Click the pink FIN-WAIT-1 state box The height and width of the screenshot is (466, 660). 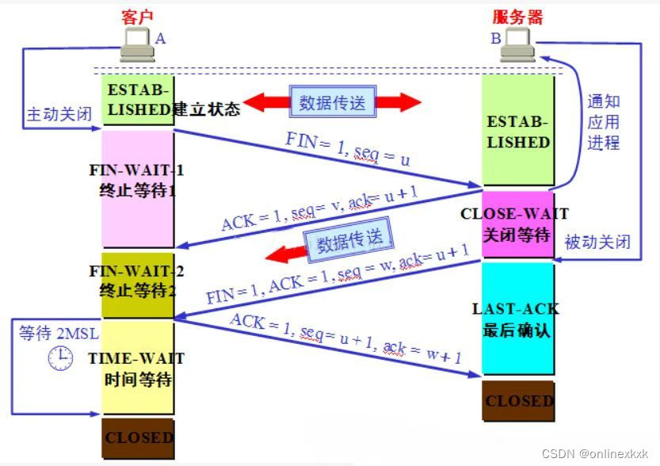point(136,189)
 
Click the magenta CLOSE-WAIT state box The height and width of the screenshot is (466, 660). point(518,224)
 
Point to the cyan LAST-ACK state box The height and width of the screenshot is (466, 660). point(518,318)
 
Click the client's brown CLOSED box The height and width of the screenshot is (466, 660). point(138,437)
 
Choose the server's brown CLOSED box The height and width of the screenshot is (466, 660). point(518,401)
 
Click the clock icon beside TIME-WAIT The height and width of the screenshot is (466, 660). point(60,359)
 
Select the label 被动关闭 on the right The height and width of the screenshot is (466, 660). point(597,242)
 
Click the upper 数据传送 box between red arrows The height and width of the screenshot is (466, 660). point(331,101)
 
